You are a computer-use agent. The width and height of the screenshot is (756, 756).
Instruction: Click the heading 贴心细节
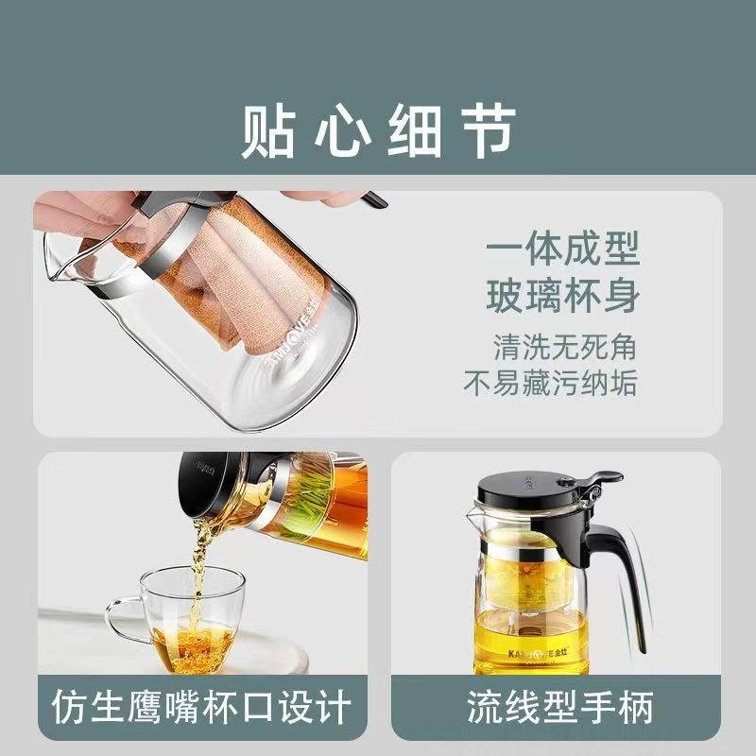pos(379,130)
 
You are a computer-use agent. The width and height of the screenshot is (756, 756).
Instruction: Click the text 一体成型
pos(562,248)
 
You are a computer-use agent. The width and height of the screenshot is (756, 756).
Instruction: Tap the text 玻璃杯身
pos(562,296)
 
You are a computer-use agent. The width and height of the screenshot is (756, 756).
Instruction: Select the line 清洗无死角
pos(564,347)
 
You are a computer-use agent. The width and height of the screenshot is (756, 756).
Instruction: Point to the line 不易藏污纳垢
pos(550,384)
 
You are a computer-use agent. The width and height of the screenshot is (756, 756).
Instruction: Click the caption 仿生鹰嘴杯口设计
pos(201,707)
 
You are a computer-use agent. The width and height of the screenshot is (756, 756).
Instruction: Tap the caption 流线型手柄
pos(560,707)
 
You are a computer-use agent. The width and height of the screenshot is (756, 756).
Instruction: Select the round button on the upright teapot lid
pos(565,482)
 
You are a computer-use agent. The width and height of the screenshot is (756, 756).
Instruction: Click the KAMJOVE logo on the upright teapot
pos(538,653)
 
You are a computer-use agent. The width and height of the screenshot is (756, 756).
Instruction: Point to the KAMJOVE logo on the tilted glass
pos(285,336)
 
